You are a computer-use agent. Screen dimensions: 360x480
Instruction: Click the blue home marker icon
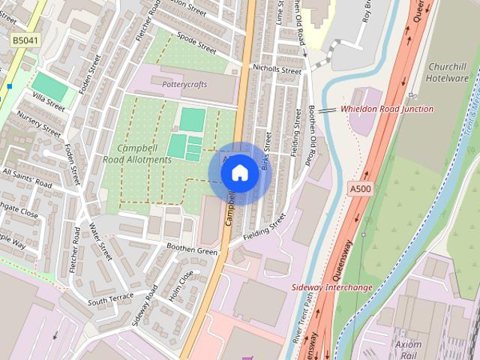(239, 173)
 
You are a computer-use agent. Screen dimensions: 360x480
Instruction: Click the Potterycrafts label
(184, 85)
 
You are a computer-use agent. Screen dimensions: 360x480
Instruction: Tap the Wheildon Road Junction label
(386, 109)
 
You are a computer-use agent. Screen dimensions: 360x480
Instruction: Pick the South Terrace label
(109, 301)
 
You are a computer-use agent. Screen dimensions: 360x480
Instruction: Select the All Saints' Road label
(26, 177)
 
